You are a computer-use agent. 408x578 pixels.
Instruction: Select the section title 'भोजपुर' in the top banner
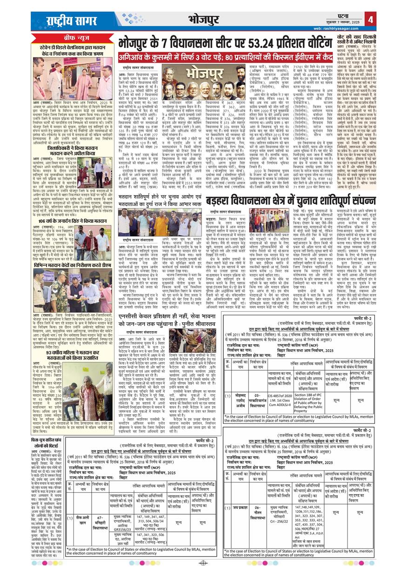point(204,19)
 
